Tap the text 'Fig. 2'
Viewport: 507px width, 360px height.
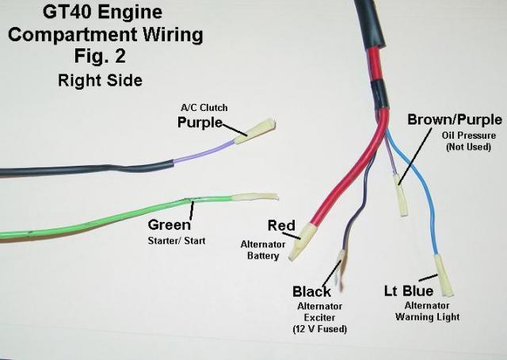click(x=100, y=56)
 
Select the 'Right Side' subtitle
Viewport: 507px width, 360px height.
click(x=101, y=80)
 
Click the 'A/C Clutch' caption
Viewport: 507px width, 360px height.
click(x=204, y=108)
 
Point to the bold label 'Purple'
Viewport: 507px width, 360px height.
click(x=200, y=122)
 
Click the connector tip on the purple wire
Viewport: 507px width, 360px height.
click(x=255, y=131)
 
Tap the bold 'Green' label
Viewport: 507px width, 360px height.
click(x=169, y=225)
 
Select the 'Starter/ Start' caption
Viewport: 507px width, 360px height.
click(x=177, y=241)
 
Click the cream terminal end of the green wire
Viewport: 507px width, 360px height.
click(x=255, y=197)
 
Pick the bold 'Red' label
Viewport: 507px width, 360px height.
click(x=281, y=226)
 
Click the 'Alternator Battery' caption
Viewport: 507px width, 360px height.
click(x=263, y=250)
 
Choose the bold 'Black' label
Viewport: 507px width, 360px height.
click(x=311, y=292)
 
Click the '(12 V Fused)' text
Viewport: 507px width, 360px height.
click(x=320, y=329)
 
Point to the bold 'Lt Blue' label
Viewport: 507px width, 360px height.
click(x=409, y=291)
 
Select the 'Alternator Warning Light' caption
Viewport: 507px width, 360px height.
click(x=427, y=311)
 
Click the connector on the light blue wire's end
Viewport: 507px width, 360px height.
click(x=444, y=275)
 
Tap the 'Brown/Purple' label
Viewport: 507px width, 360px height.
click(x=455, y=120)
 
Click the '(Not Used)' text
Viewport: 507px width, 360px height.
click(x=468, y=147)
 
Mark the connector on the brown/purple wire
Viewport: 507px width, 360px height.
click(x=401, y=196)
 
